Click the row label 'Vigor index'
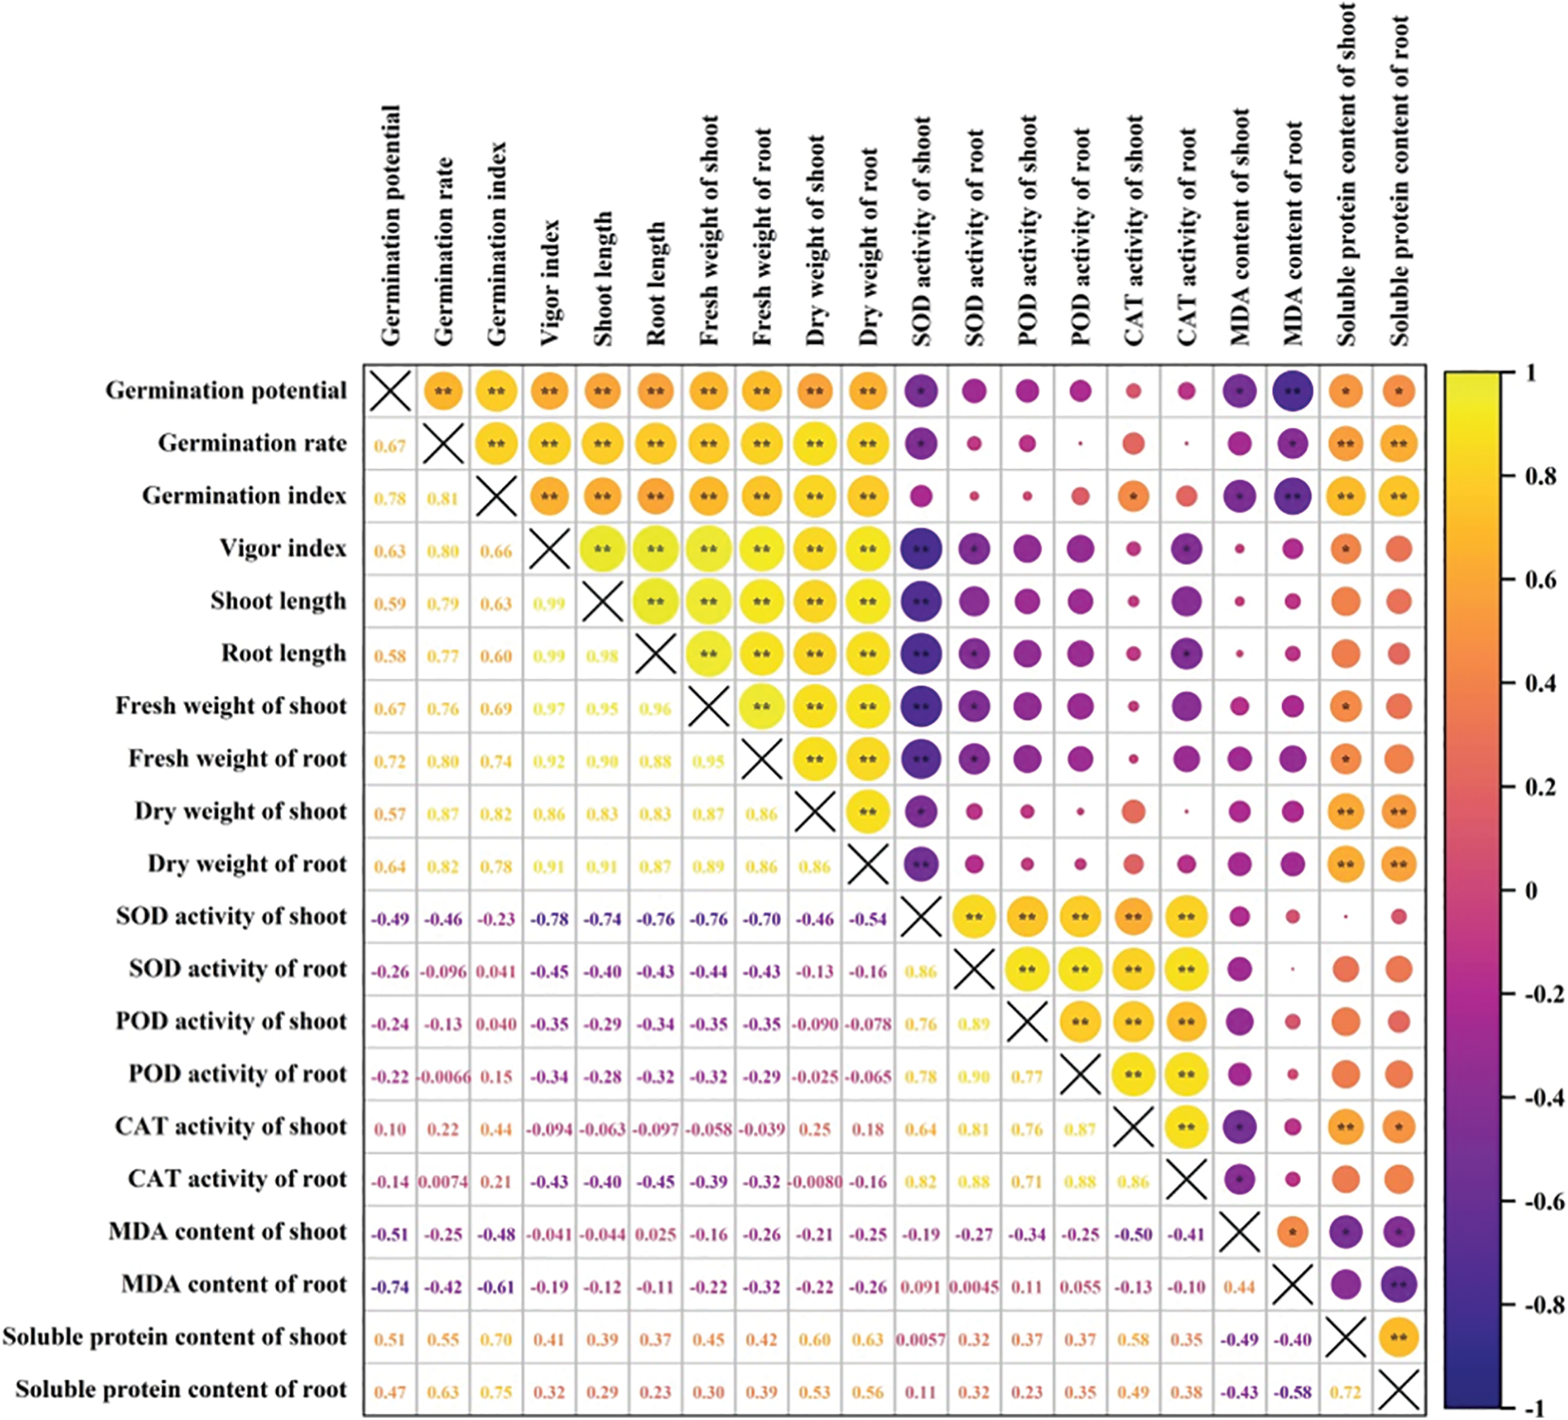pos(283,549)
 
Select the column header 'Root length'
pos(656,284)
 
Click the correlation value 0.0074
pos(443,1182)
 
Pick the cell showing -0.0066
pos(443,1077)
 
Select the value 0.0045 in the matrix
pos(973,1288)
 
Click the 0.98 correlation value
pos(602,656)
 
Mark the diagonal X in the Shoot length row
pos(602,602)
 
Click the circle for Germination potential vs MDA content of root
pos(1293,392)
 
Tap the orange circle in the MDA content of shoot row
pos(1293,1232)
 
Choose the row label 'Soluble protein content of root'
pos(180,1390)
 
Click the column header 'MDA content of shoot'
pos(1240,227)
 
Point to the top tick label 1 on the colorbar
pos(1531,373)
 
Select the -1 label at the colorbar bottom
pos(1535,1409)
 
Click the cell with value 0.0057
pos(920,1340)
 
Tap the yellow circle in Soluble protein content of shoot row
pos(1399,1338)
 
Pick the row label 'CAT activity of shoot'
pos(231,1128)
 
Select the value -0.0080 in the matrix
pos(815,1182)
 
